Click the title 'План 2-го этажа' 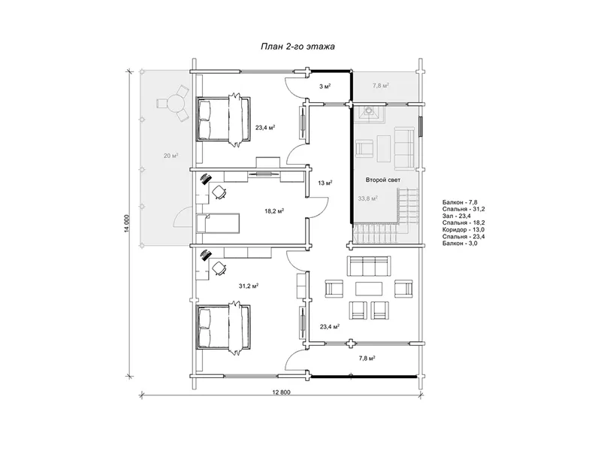[297, 47]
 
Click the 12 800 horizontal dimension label [281, 392]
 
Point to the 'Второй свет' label [383, 180]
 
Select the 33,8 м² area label [367, 198]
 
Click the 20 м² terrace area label [171, 156]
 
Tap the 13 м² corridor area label [325, 183]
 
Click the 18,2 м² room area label [274, 211]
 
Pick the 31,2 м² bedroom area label [249, 286]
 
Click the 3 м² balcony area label [325, 86]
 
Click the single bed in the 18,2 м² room [218, 223]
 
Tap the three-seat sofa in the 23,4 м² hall [370, 266]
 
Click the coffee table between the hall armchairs [369, 289]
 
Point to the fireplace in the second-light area [369, 113]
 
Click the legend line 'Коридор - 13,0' [463, 230]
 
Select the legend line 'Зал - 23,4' [457, 216]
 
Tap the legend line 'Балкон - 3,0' [460, 244]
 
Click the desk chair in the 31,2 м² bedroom [219, 268]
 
